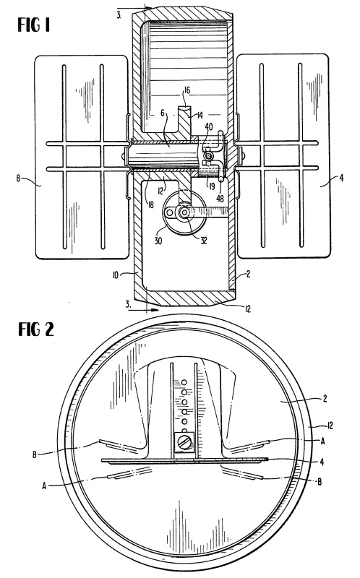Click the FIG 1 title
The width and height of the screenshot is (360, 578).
(x=33, y=25)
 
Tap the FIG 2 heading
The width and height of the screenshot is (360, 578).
(x=36, y=329)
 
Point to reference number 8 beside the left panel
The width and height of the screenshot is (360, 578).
(x=18, y=178)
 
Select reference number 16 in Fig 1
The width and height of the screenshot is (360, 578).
(x=187, y=90)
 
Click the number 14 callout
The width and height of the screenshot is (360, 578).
(x=200, y=116)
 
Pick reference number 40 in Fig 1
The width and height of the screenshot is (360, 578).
(x=208, y=127)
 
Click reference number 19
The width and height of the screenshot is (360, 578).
(x=211, y=186)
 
